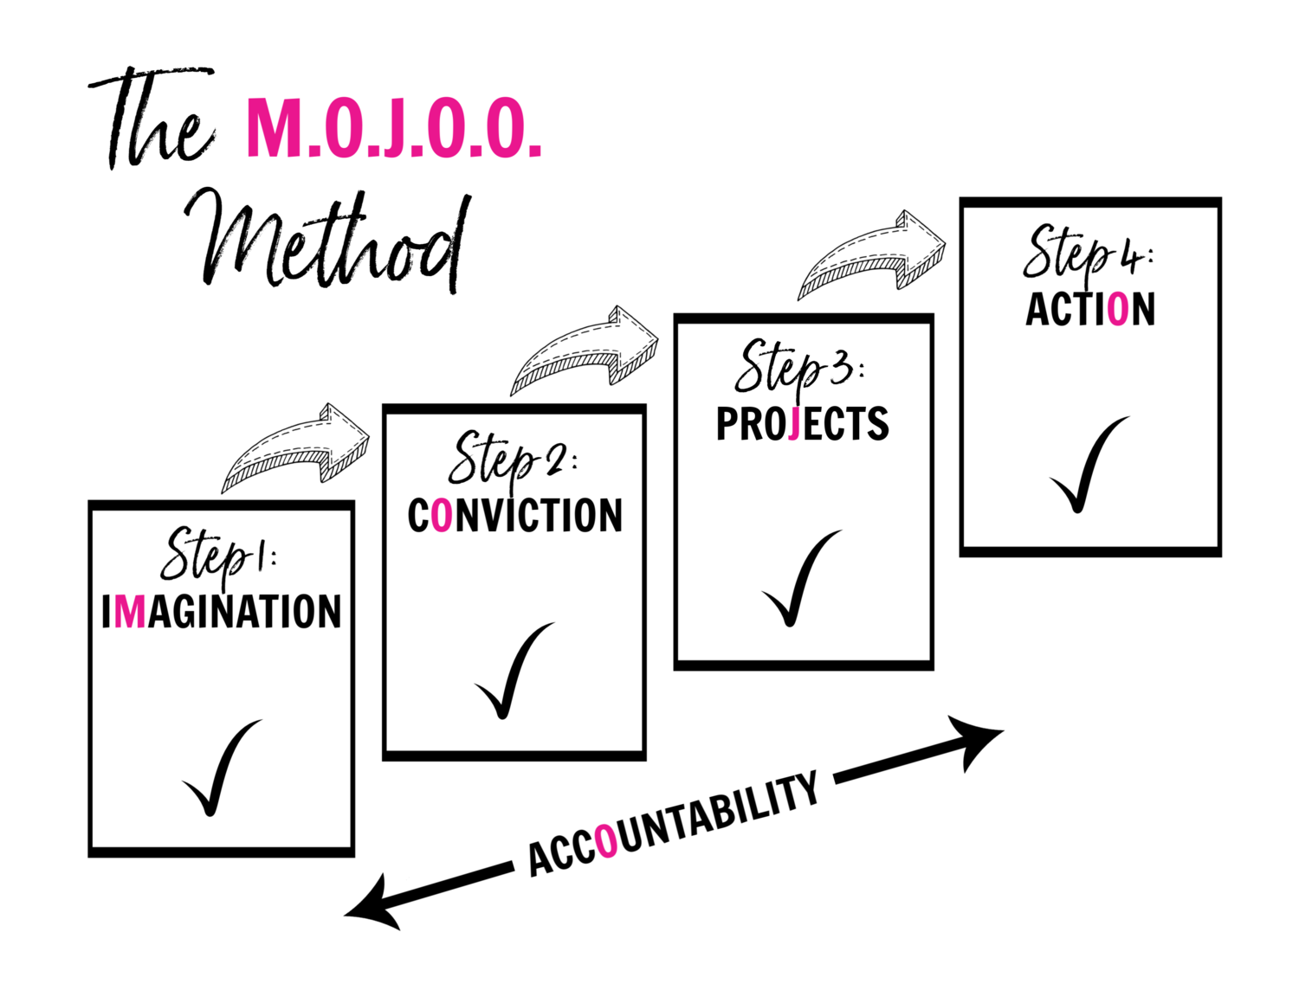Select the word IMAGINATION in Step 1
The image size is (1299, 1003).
click(222, 611)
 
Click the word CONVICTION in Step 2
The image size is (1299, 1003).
click(514, 516)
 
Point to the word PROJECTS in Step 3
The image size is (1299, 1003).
click(802, 424)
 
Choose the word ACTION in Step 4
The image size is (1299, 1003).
click(1090, 310)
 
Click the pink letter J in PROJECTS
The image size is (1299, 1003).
click(793, 424)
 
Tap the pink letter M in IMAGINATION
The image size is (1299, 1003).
click(129, 611)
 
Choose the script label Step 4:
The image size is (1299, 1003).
click(1086, 254)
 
